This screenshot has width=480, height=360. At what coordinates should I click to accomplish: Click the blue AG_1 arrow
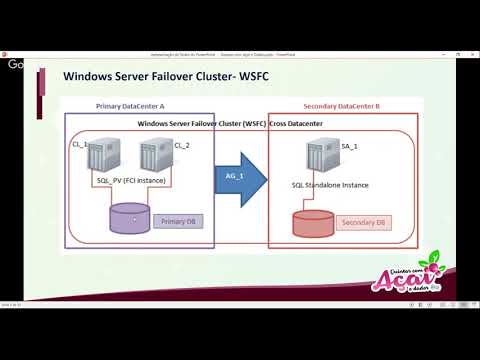tap(240, 178)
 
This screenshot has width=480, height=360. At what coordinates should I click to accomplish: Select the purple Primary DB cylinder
tap(130, 219)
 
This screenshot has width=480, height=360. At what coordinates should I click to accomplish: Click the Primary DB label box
tap(179, 220)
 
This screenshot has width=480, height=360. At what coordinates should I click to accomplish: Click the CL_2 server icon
tap(152, 158)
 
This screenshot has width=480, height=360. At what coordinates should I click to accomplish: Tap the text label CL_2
tap(181, 146)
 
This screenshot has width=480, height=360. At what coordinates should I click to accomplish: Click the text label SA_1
tap(349, 146)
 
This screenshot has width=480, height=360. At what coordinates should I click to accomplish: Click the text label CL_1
tap(79, 146)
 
